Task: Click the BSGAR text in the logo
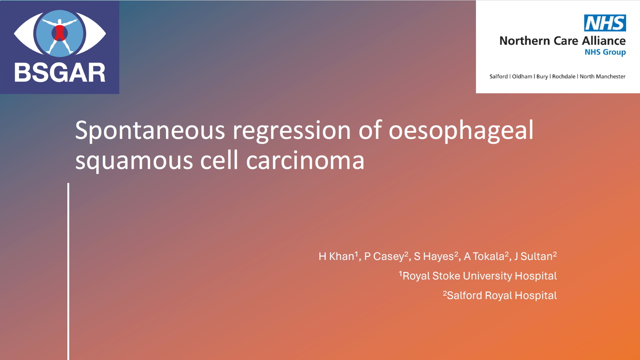click(60, 73)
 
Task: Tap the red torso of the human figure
click(59, 33)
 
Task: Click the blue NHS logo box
click(605, 23)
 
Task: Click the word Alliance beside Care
click(604, 41)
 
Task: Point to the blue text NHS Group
click(605, 52)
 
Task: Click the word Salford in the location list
click(499, 76)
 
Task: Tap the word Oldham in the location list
click(522, 76)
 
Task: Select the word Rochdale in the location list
click(564, 76)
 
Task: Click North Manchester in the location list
click(603, 76)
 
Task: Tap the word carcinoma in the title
click(305, 161)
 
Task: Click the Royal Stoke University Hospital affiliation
click(478, 276)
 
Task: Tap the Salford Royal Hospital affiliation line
click(500, 295)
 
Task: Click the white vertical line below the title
click(68, 272)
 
